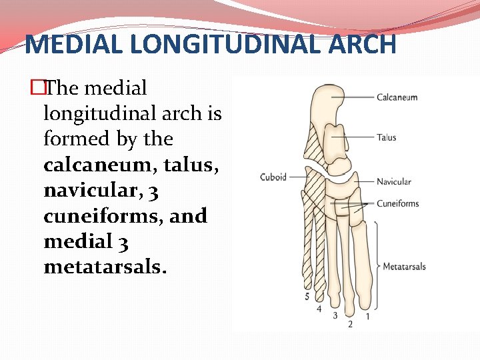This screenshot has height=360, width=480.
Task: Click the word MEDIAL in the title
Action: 69,45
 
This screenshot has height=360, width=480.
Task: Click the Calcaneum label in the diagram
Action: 397,97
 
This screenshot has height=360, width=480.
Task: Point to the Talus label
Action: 386,138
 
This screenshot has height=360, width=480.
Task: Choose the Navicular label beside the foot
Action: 393,182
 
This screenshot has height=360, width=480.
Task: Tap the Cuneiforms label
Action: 397,203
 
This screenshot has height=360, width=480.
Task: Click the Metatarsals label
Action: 404,267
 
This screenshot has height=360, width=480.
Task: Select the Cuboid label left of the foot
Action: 273,177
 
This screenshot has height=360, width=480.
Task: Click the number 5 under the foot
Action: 307,296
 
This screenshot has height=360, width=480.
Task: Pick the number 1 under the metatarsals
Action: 367,315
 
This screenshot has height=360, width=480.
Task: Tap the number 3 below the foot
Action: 335,315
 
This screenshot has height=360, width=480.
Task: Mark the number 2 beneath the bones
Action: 350,325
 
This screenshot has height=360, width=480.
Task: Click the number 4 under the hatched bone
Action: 319,309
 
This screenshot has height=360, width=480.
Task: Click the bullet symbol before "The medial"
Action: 39,88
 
